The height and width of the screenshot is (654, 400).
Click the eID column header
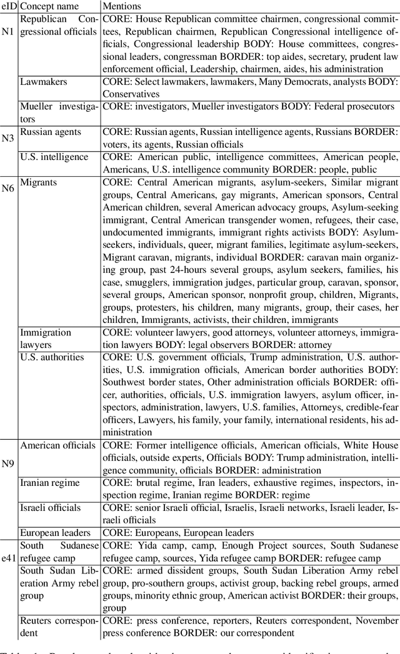click(x=9, y=6)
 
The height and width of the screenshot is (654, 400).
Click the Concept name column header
click(x=50, y=6)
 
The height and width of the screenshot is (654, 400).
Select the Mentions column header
click(x=123, y=6)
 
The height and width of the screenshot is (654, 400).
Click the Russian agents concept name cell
click(x=51, y=132)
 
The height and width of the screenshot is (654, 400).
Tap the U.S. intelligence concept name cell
click(x=54, y=157)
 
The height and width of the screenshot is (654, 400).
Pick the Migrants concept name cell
click(x=38, y=182)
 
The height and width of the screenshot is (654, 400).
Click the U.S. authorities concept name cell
click(x=52, y=357)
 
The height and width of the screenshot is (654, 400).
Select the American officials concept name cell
click(x=58, y=463)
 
